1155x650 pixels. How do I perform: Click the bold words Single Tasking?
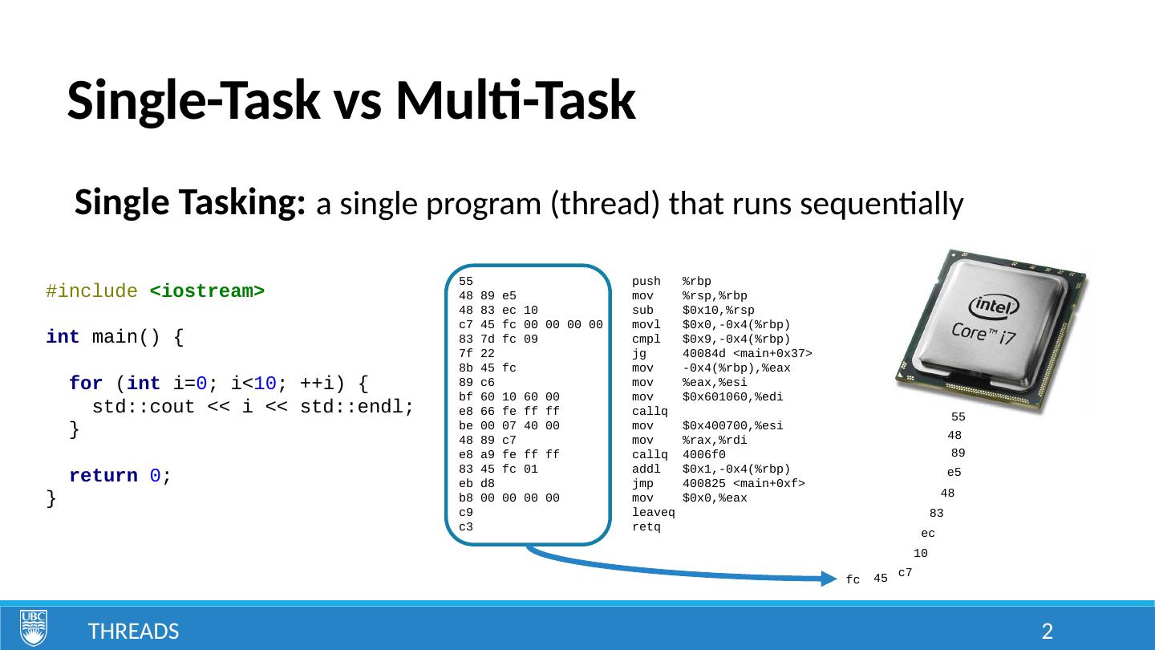[x=189, y=204]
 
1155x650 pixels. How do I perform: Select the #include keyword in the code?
[x=91, y=291]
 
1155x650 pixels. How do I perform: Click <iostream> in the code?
[x=207, y=291]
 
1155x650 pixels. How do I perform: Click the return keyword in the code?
[x=103, y=476]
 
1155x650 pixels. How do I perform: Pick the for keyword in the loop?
[x=85, y=384]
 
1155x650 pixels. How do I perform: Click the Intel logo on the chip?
[x=993, y=307]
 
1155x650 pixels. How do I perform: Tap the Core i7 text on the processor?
[x=983, y=334]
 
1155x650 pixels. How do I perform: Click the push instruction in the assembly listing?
[x=646, y=282]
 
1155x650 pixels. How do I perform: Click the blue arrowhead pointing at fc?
[x=831, y=578]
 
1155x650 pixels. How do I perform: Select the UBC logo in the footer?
[x=34, y=628]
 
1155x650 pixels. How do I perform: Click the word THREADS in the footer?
[x=133, y=632]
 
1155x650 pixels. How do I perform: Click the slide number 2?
[x=1046, y=632]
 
